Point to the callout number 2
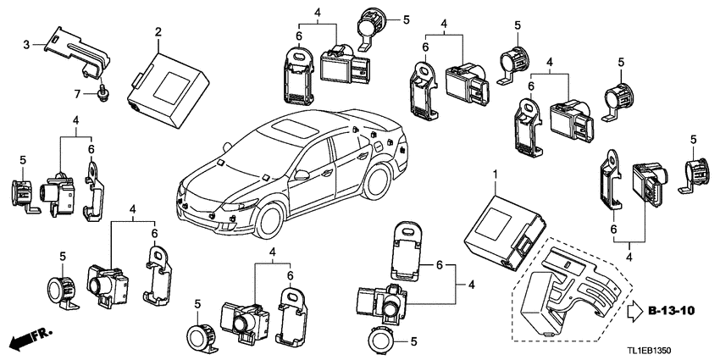coord(158,31)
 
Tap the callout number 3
coord(26,45)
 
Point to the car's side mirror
coord(302,175)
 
